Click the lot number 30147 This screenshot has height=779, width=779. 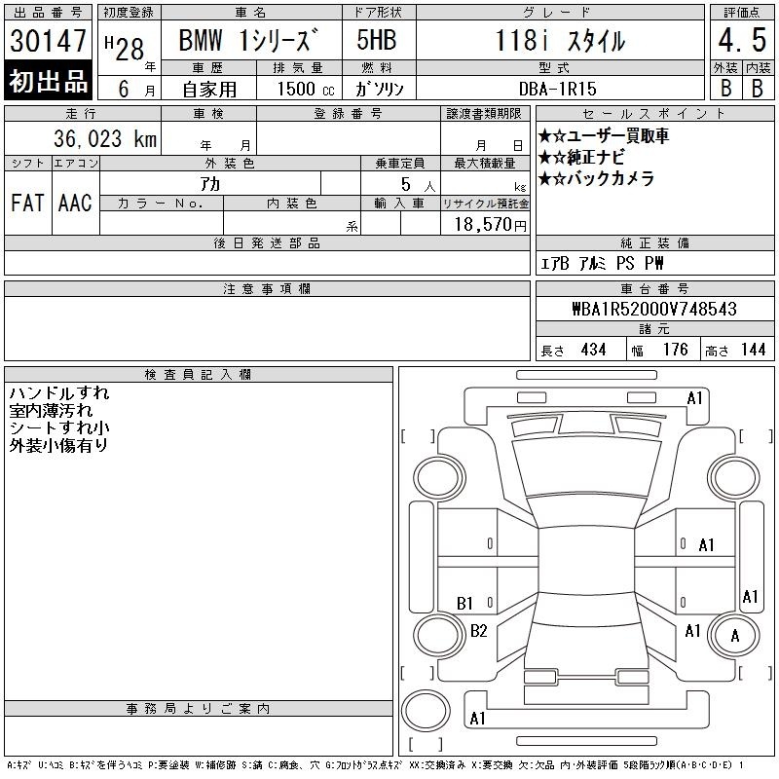(48, 41)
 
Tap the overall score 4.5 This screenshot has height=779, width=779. (742, 40)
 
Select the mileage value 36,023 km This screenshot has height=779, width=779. (105, 138)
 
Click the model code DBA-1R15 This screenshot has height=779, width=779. (557, 89)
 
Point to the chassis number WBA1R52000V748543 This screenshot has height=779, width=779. (654, 309)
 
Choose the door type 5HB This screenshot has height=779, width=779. (377, 40)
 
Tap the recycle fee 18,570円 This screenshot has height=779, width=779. (491, 225)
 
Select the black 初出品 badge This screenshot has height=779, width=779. (48, 80)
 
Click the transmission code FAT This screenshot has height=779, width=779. (27, 203)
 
